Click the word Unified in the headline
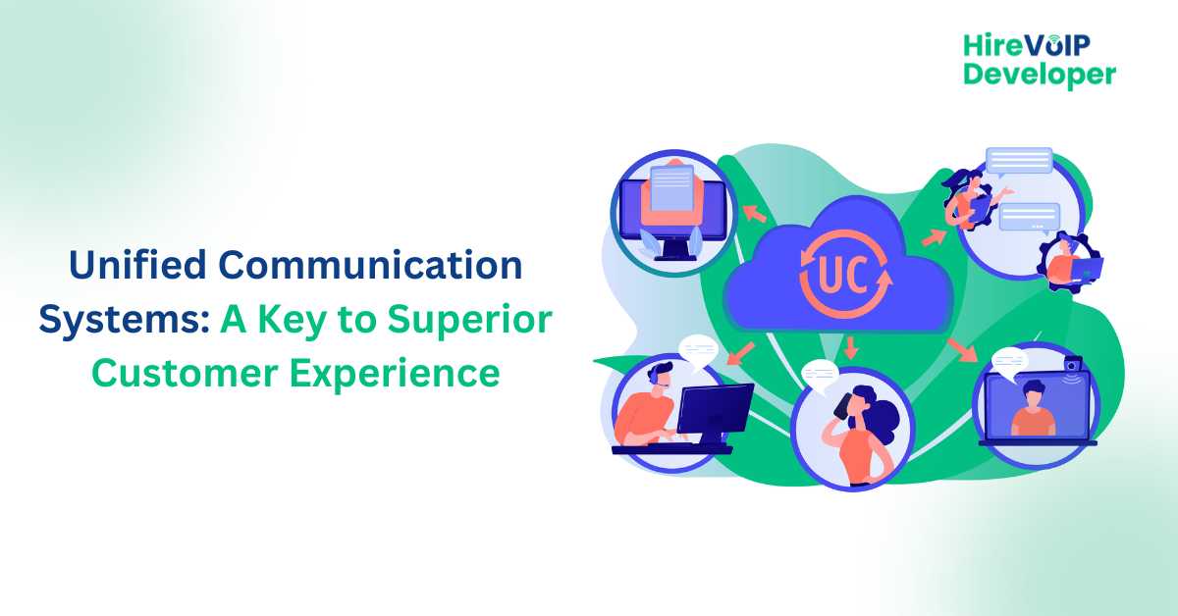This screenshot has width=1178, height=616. click(137, 265)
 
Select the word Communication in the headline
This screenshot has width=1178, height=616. click(370, 265)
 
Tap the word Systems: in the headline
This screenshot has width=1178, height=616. click(125, 321)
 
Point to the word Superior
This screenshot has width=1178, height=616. click(469, 319)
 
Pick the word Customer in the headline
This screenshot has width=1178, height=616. click(185, 373)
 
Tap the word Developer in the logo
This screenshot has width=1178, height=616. click(1040, 75)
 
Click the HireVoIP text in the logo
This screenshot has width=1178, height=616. click(1027, 46)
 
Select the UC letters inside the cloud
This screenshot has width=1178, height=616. click(843, 275)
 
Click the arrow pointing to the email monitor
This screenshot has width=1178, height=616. click(754, 214)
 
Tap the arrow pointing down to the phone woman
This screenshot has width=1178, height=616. click(851, 347)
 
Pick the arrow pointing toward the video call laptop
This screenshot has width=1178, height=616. click(962, 350)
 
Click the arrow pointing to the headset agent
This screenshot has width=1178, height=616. click(741, 354)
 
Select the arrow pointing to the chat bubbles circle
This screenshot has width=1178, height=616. click(935, 237)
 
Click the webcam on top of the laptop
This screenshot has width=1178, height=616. click(1073, 364)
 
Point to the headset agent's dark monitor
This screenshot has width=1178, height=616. click(715, 409)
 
